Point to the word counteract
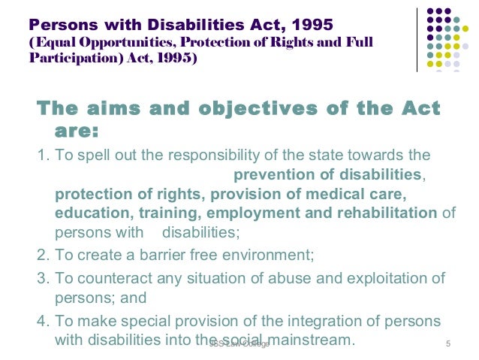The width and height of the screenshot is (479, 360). tap(107, 279)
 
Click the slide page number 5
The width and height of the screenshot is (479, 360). tap(447, 344)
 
